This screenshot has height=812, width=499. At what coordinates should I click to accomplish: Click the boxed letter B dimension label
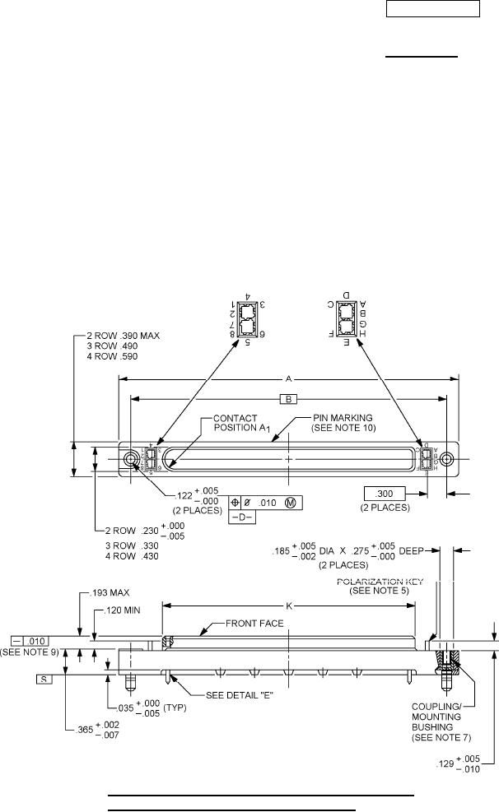click(288, 399)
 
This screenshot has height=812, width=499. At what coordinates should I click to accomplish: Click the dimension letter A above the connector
click(288, 379)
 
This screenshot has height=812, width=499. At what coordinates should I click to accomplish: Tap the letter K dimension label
click(288, 606)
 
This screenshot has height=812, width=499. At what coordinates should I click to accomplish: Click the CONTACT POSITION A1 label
click(236, 423)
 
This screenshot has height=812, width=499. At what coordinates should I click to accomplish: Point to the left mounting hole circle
click(131, 458)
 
